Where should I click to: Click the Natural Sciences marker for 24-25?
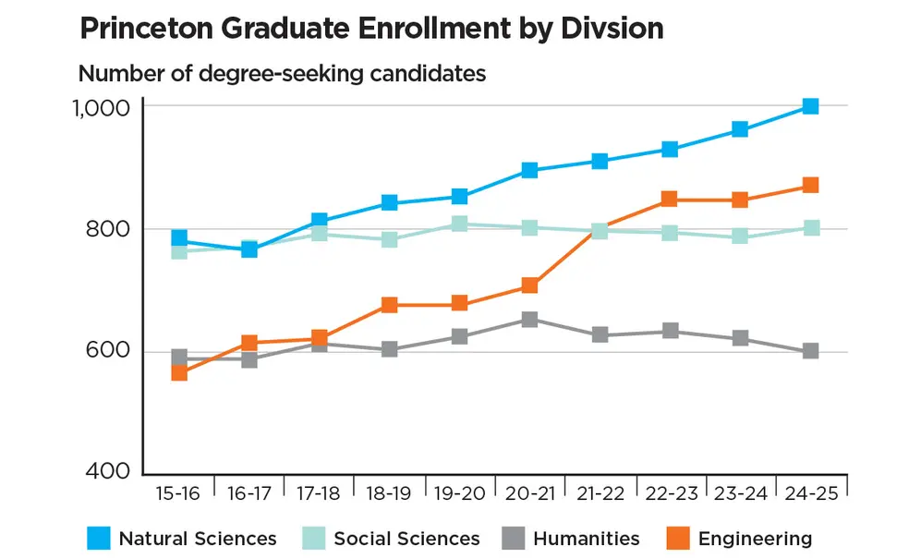[x=810, y=106]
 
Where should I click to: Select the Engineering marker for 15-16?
[x=179, y=372]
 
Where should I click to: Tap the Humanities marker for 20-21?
[x=529, y=320]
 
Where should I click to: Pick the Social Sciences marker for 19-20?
[x=459, y=224]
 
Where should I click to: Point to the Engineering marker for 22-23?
[x=670, y=200]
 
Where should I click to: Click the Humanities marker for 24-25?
[x=810, y=351]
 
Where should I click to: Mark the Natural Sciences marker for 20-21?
[x=529, y=170]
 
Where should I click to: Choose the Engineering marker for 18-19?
[x=389, y=305]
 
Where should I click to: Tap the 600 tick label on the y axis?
[x=108, y=352]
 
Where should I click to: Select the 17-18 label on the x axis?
[x=319, y=493]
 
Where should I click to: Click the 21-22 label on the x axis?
[x=600, y=493]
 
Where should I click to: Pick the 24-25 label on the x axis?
[x=810, y=493]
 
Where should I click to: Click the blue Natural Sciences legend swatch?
[x=98, y=538]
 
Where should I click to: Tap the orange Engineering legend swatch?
[x=677, y=538]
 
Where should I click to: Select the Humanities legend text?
[x=588, y=538]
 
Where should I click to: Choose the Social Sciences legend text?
[x=406, y=538]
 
